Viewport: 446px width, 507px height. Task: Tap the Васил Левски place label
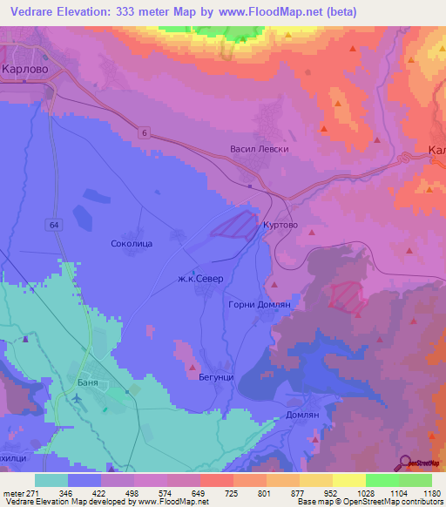259,149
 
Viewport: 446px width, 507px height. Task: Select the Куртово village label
281,224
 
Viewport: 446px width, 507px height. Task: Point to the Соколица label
132,245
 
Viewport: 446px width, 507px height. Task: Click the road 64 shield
56,225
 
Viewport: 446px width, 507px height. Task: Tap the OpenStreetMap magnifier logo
405,462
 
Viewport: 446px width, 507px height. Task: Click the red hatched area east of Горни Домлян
348,297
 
